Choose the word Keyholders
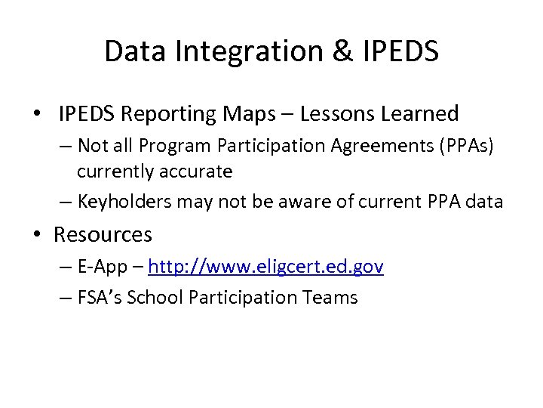pos(124,202)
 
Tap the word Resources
pos(103,235)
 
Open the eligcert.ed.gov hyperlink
pos(266,267)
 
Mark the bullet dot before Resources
pos(37,235)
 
